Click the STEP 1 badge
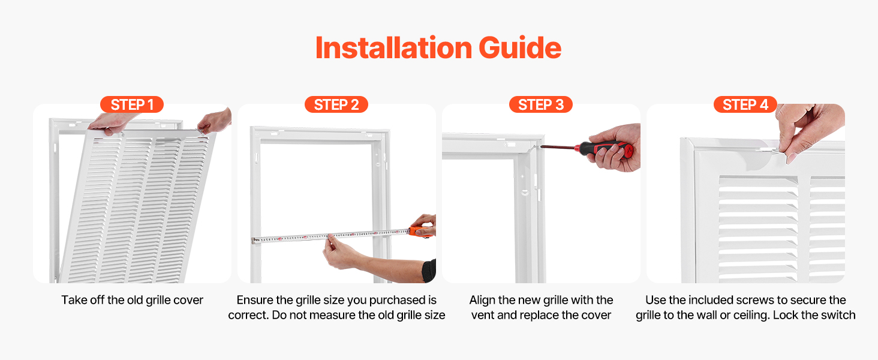132,105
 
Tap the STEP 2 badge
336,105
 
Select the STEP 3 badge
541,105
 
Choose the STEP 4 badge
745,105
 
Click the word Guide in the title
520,48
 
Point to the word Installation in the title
393,48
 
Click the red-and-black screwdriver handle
603,148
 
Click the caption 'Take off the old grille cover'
132,300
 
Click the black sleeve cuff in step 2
429,271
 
